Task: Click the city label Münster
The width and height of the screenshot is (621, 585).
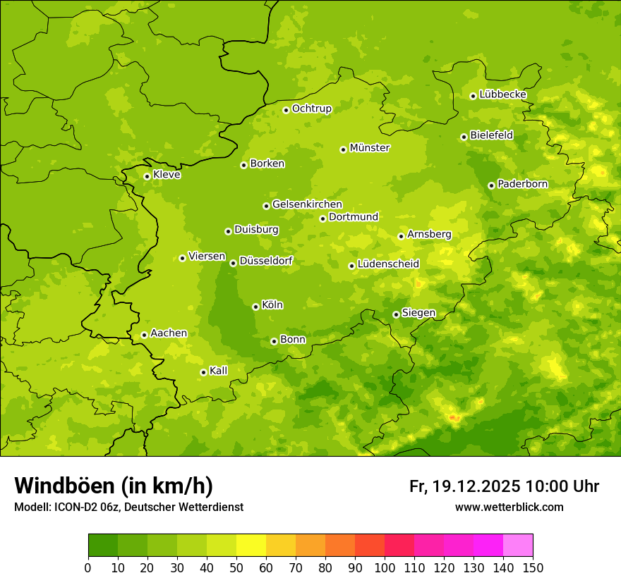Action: [370, 148]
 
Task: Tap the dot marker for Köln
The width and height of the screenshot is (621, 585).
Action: [255, 307]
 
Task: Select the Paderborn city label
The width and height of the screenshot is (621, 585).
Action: [522, 184]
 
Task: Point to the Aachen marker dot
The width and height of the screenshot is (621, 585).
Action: [144, 335]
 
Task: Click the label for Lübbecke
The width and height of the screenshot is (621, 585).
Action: [502, 94]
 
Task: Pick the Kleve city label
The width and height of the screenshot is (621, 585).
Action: [167, 175]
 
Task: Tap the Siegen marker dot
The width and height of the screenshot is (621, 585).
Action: [396, 314]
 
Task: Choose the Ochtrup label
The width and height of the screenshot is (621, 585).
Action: [311, 109]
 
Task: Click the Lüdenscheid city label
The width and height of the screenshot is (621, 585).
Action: [388, 264]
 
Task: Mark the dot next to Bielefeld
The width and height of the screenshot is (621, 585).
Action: [464, 137]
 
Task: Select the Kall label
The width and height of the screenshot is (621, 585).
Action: [218, 371]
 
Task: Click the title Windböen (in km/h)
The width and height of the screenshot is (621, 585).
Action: [113, 486]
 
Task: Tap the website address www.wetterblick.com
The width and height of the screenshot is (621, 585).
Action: [509, 507]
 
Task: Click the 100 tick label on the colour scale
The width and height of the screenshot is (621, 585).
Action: [385, 567]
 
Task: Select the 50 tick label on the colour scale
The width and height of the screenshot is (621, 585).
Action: [236, 567]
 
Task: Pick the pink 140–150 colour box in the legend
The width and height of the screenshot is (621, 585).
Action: [518, 546]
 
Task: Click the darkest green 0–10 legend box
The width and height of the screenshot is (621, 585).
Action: [103, 546]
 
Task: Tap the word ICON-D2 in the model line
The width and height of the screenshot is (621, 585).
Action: [73, 507]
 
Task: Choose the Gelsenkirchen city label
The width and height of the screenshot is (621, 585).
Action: [307, 204]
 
